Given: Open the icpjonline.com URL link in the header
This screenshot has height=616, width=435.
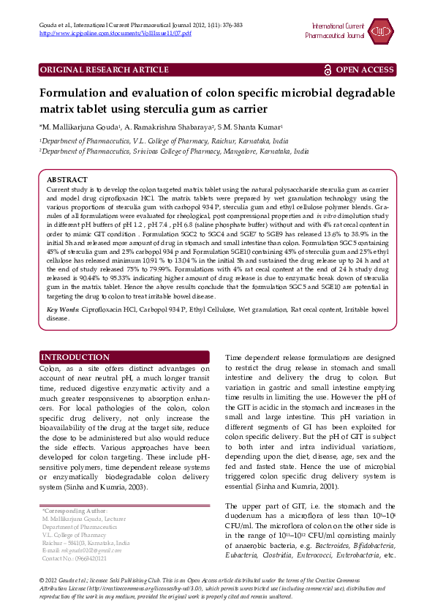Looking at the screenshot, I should coord(115,34).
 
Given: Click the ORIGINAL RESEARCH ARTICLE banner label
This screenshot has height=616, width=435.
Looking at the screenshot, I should coord(104,70).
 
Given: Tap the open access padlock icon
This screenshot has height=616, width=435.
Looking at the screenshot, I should coord(328,70).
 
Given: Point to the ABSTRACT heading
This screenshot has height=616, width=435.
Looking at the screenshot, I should coord(67,179).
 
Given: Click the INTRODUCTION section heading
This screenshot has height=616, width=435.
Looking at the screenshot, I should coord(75,357).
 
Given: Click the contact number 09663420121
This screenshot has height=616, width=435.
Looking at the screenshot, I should coord(85,558).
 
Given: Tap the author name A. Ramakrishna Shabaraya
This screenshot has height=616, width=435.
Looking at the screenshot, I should coord(170,127).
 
